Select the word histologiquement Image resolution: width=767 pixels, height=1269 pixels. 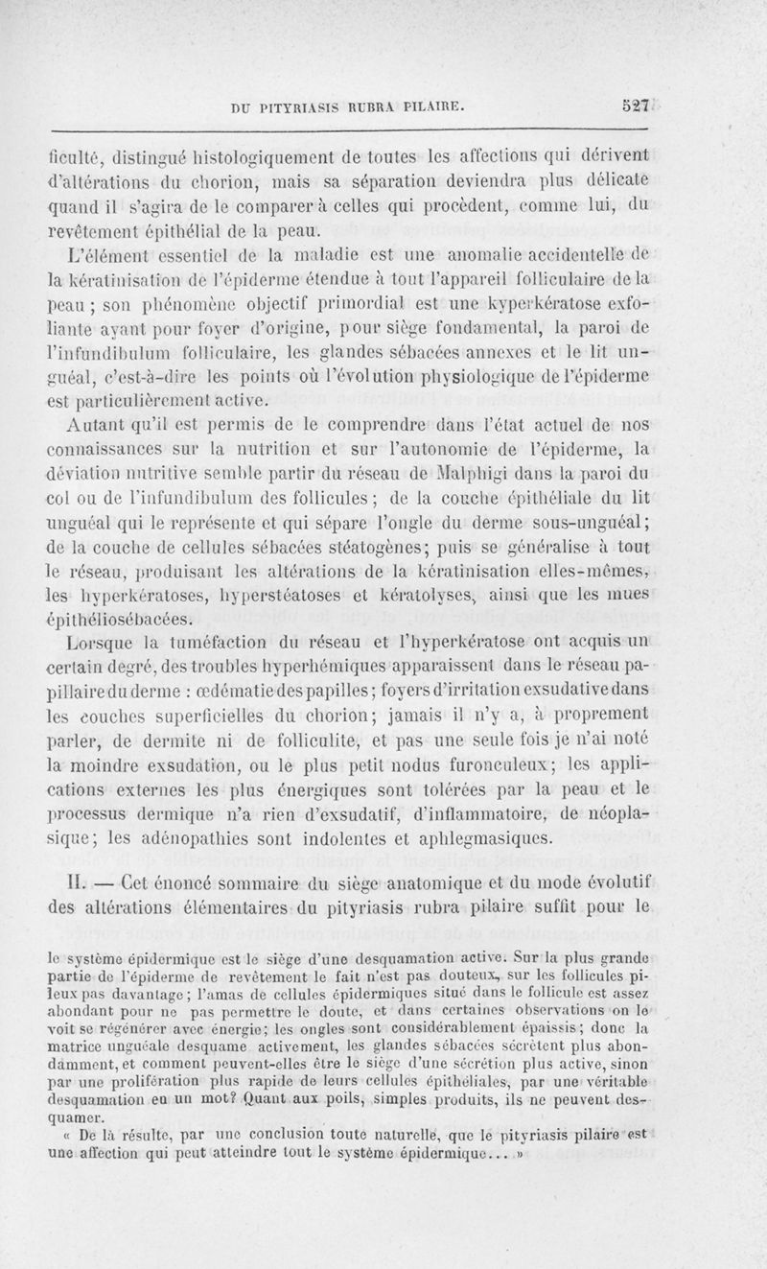click(274, 156)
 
